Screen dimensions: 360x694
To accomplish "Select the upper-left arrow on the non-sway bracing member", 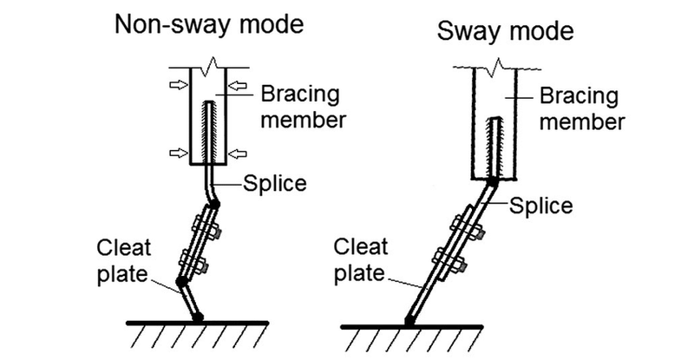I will tap(176, 84).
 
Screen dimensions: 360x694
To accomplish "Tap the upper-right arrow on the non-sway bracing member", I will tap(239, 84).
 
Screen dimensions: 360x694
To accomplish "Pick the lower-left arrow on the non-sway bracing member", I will tap(176, 154).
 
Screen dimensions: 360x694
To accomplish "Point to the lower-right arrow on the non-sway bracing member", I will tap(239, 154).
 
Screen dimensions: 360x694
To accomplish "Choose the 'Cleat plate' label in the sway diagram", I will tap(360, 259).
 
